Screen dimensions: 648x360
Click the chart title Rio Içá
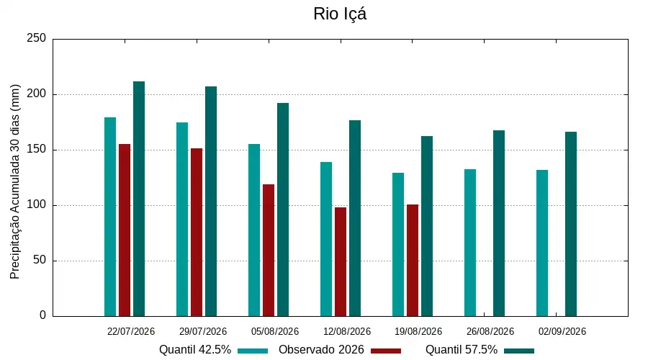point(340,14)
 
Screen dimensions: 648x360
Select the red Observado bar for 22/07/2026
point(125,230)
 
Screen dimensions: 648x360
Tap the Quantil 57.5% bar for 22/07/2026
point(139,199)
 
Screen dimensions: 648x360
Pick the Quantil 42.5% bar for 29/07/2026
point(182,219)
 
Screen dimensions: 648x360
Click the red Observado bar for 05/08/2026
point(269,250)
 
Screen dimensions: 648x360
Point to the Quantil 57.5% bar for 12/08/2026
point(355,218)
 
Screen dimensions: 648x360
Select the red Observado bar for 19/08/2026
point(413,261)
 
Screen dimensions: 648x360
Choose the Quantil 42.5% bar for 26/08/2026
point(470,243)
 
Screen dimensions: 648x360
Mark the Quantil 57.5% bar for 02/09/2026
point(571,224)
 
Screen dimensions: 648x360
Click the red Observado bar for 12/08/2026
point(341,261)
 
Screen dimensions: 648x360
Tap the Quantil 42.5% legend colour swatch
point(253,351)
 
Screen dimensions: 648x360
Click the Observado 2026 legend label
point(321,350)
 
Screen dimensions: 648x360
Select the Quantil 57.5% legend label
point(462,350)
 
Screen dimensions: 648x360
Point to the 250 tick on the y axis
point(37,38)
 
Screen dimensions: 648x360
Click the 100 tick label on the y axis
point(37,204)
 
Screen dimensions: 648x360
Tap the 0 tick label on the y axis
point(42,315)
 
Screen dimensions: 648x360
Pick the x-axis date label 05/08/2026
point(275,331)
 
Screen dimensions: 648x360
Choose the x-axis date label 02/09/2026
point(562,331)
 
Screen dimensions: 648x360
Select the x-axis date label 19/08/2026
point(418,331)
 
